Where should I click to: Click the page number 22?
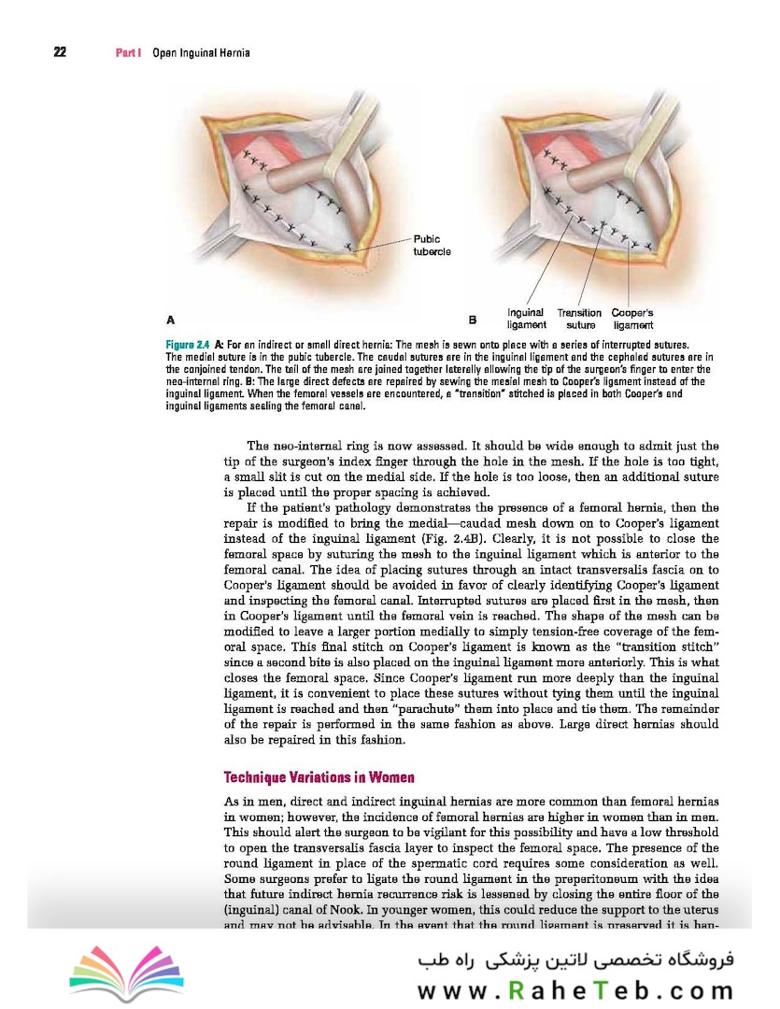(59, 52)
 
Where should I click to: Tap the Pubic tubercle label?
(432, 245)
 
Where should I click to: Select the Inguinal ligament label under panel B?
(526, 319)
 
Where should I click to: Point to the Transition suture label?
(580, 319)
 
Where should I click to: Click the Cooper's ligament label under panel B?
(632, 319)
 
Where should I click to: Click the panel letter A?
(170, 319)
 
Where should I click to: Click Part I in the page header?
(127, 53)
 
